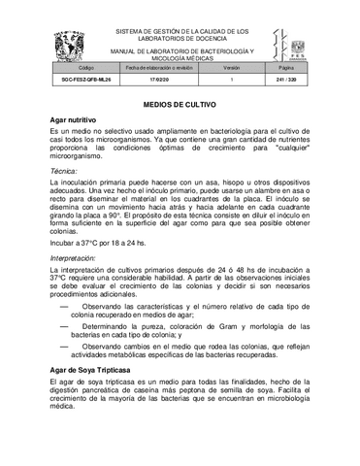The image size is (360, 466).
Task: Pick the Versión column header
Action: click(x=231, y=69)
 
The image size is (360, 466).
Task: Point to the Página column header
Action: click(x=285, y=69)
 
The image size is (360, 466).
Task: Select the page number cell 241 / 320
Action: click(x=285, y=82)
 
